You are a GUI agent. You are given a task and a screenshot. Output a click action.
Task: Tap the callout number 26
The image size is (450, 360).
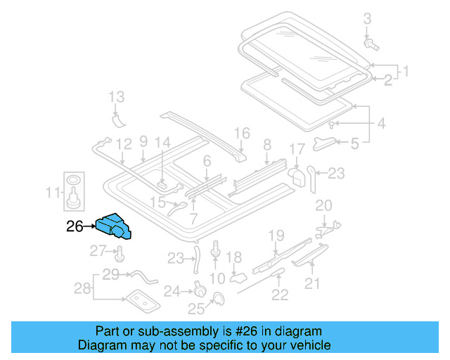pyautogui.click(x=75, y=226)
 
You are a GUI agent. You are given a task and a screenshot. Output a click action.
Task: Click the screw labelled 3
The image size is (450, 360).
pyautogui.click(x=371, y=44)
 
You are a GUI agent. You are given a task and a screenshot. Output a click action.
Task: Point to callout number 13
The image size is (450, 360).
pyautogui.click(x=116, y=97)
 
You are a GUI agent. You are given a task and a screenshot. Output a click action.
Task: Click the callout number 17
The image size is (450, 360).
pyautogui.click(x=297, y=149)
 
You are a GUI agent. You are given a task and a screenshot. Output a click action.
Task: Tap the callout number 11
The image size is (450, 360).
pyautogui.click(x=53, y=191)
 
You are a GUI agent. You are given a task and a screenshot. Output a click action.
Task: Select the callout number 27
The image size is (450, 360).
pyautogui.click(x=97, y=251)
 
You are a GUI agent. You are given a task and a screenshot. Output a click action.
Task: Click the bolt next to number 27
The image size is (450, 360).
pyautogui.click(x=119, y=252)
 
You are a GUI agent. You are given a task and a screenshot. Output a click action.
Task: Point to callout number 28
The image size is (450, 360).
pyautogui.click(x=83, y=288)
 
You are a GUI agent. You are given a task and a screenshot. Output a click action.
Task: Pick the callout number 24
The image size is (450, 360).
pyautogui.click(x=172, y=290)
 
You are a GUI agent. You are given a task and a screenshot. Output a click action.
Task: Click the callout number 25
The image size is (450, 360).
pyautogui.click(x=195, y=308)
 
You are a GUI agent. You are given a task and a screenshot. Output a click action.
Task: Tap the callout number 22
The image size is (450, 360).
pyautogui.click(x=280, y=295)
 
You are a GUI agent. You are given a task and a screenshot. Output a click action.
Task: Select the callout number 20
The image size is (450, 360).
pyautogui.click(x=323, y=205)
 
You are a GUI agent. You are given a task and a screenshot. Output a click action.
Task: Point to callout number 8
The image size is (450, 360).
pyautogui.click(x=267, y=145)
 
